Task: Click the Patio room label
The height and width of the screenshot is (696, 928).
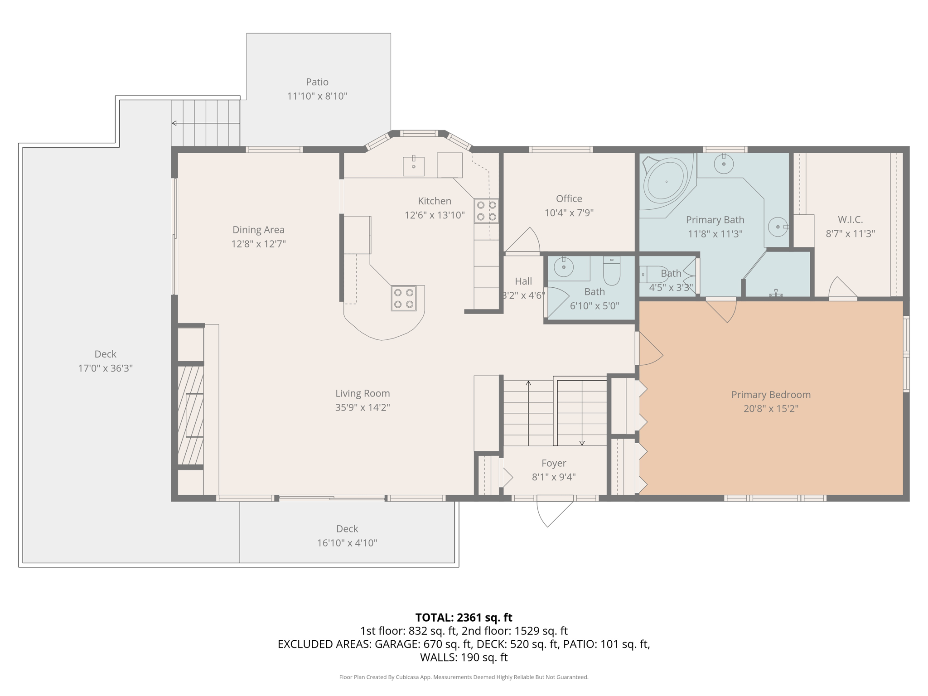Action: coord(317,82)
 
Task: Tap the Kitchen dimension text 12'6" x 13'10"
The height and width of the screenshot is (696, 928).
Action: coord(434,215)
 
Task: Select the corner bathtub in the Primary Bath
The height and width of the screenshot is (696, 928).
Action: coord(667,182)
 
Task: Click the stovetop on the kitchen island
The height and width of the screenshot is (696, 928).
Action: coord(403,298)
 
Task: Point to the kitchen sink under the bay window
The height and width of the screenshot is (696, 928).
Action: coord(414,166)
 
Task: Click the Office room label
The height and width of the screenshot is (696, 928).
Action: coord(569,198)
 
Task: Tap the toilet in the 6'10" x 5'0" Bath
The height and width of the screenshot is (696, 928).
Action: coord(611,271)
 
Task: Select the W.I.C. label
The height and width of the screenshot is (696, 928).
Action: coord(850,220)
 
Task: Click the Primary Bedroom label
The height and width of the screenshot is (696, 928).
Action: coord(770,395)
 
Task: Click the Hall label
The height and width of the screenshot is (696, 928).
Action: coord(523,281)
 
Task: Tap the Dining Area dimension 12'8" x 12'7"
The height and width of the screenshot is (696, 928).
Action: coord(258,244)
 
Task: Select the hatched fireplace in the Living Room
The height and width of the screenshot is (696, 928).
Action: coord(190,415)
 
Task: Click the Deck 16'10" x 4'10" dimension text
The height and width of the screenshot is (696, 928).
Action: coord(347,543)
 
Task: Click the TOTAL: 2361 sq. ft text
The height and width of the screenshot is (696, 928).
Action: coord(463,618)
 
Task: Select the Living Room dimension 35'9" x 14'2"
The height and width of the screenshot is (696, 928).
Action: coord(362,407)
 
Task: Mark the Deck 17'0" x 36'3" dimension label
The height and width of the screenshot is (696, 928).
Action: coord(105,368)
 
